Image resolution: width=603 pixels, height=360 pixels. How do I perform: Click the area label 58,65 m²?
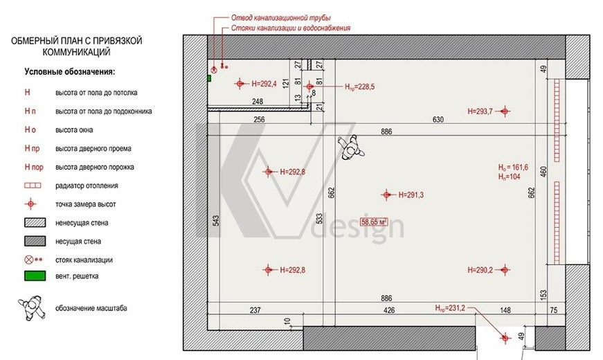pyautogui.click(x=374, y=222)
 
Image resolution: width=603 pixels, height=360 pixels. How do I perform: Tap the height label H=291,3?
pyautogui.click(x=411, y=195)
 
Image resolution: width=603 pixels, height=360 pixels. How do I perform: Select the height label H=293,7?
pyautogui.click(x=480, y=111)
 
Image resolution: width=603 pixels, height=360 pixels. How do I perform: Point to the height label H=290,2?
pyautogui.click(x=480, y=270)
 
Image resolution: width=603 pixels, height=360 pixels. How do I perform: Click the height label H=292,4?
pyautogui.click(x=264, y=84)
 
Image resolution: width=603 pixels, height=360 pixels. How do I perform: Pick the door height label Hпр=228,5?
pyautogui.click(x=359, y=87)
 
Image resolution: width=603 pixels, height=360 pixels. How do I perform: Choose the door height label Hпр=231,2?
pyautogui.click(x=450, y=308)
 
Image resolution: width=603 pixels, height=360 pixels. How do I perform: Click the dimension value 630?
pyautogui.click(x=438, y=120)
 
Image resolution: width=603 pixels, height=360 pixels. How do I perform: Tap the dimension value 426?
pyautogui.click(x=389, y=310)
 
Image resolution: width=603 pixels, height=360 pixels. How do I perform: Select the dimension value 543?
pyautogui.click(x=216, y=220)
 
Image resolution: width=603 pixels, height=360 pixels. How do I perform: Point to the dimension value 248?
pyautogui.click(x=258, y=102)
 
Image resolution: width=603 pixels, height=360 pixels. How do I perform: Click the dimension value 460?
pyautogui.click(x=543, y=172)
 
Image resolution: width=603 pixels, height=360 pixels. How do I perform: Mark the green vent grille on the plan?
pyautogui.click(x=209, y=78)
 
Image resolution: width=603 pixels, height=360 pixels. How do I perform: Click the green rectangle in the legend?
pyautogui.click(x=35, y=276)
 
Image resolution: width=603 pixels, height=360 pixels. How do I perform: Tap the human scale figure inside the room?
pyautogui.click(x=351, y=147)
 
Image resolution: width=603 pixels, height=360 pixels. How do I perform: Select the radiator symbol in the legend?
pyautogui.click(x=33, y=186)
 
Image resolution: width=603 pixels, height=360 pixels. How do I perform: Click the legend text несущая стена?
pyautogui.click(x=78, y=242)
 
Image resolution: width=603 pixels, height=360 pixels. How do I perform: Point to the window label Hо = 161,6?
pyautogui.click(x=513, y=168)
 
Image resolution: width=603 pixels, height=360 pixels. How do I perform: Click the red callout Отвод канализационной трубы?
pyautogui.click(x=281, y=18)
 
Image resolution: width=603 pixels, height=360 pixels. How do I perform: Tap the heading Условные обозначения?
pyautogui.click(x=70, y=71)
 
